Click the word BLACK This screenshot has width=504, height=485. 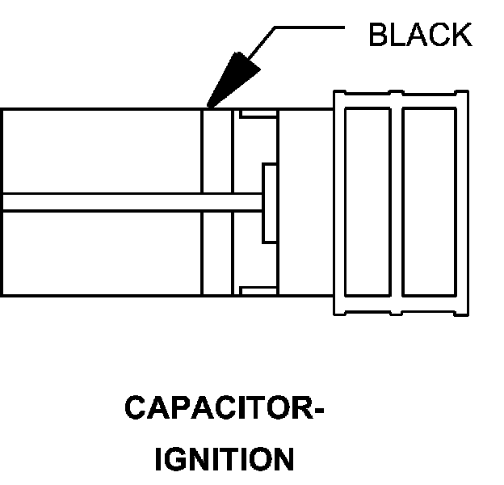click(420, 36)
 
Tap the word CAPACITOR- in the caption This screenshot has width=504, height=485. click(224, 408)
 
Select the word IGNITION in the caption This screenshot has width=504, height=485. click(224, 459)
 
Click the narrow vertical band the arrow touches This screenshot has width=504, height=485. click(217, 202)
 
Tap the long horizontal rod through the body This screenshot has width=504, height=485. click(129, 202)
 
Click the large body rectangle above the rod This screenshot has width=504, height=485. click(101, 151)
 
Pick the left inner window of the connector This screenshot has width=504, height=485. click(367, 202)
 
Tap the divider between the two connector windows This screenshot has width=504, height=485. click(397, 202)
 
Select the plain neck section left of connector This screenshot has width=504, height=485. click(305, 202)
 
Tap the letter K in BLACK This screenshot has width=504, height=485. click(461, 36)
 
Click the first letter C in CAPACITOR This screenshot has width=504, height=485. click(135, 408)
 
